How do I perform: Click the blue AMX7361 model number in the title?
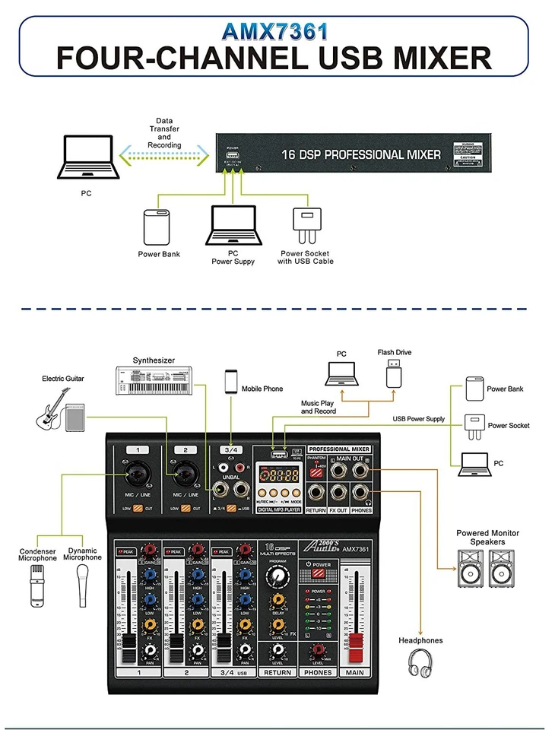[275, 31]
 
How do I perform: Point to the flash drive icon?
[393, 373]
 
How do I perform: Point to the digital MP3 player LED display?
[277, 476]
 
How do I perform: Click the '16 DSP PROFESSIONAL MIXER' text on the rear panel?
[360, 154]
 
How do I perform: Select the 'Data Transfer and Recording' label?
[164, 133]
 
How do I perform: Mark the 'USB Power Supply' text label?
[418, 419]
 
